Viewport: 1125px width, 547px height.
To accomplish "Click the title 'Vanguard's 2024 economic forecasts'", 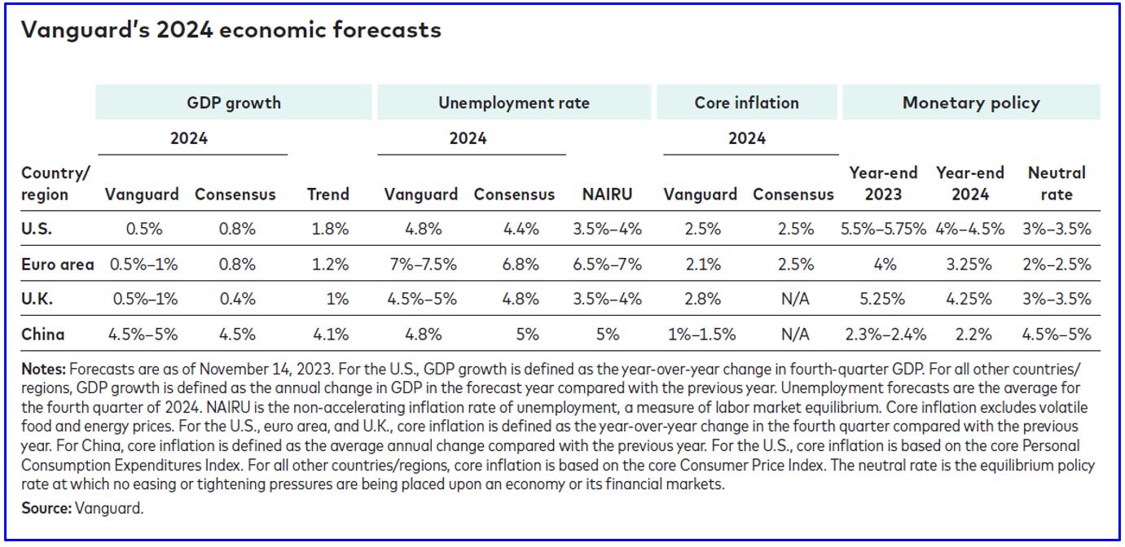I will click(231, 31).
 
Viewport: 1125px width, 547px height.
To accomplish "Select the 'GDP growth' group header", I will click(234, 103).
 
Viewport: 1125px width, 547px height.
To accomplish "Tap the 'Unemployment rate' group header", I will click(513, 103).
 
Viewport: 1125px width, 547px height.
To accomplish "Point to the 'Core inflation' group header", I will click(746, 103).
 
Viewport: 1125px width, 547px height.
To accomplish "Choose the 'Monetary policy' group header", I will click(970, 103).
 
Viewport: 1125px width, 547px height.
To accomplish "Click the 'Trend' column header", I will click(327, 195).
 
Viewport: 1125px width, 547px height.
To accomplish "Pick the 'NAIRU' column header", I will click(607, 195).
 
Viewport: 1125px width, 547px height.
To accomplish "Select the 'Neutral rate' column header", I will click(1057, 184).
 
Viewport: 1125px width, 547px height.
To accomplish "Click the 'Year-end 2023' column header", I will click(883, 184).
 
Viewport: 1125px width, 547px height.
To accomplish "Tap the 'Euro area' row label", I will click(57, 265).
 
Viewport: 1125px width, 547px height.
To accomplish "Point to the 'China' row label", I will click(43, 334).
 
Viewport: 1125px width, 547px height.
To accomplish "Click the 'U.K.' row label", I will click(37, 299).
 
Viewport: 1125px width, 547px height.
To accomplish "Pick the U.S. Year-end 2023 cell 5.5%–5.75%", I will click(883, 230).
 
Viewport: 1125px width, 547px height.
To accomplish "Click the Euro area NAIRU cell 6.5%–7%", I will click(608, 265).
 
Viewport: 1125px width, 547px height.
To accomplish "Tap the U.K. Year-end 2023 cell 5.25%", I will click(883, 299).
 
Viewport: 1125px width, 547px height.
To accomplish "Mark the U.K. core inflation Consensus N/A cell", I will click(795, 299).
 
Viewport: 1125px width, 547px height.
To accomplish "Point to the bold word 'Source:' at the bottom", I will click(46, 509).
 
